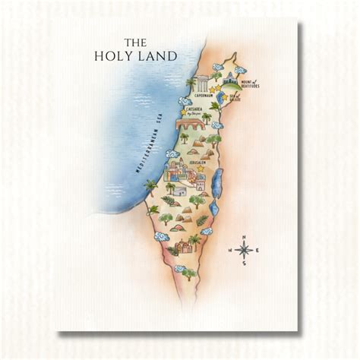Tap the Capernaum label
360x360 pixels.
[202, 96]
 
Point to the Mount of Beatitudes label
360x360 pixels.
[249, 85]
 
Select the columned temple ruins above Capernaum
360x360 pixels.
[201, 84]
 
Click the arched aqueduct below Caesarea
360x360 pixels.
[190, 125]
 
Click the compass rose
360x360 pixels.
[244, 251]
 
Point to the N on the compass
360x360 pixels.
[244, 238]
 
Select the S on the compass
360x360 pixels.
[244, 264]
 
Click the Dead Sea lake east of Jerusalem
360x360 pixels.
[216, 182]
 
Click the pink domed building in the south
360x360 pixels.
[182, 247]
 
